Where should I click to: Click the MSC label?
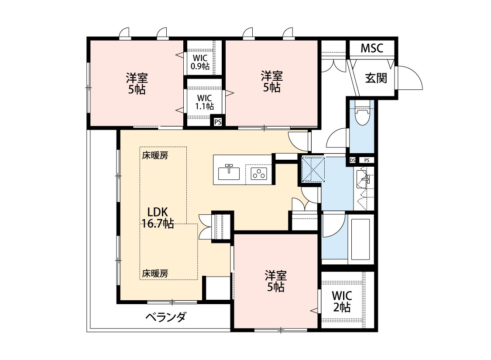372,48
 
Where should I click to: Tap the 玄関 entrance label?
376,78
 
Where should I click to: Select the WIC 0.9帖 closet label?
200,62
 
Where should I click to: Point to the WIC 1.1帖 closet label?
204,103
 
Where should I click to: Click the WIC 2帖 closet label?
342,302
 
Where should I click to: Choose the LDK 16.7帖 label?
158,218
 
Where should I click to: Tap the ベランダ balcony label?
166,317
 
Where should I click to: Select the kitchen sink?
229,172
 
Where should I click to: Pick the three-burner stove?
259,174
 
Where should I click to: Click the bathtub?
361,240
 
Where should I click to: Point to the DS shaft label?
353,160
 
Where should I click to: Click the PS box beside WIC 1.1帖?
218,122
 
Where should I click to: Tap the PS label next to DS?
367,160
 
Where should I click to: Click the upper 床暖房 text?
155,155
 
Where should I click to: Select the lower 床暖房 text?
155,273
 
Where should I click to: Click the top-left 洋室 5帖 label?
137,84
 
